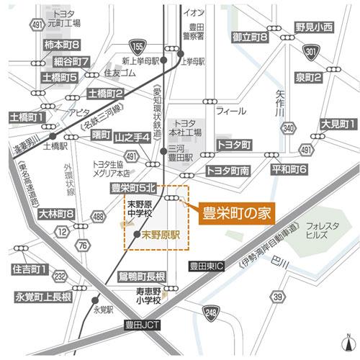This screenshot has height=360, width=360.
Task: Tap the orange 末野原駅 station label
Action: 160,234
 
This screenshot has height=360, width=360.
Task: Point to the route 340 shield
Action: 288,127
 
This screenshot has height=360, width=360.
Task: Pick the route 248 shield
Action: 211,312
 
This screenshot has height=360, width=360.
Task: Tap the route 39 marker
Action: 277,296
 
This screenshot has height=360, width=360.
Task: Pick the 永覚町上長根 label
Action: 42,297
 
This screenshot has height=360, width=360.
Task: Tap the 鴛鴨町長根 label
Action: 141,276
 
